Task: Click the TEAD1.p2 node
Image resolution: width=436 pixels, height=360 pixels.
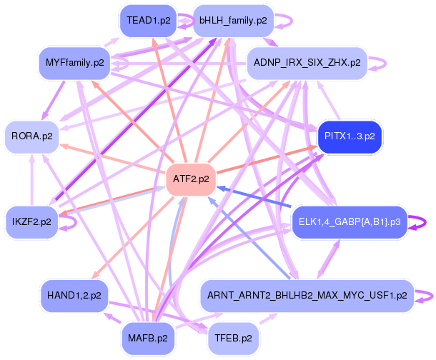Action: [x=148, y=21]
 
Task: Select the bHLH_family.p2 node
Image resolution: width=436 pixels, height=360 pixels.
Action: [x=233, y=21]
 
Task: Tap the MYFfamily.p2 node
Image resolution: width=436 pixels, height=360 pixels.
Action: [x=74, y=63]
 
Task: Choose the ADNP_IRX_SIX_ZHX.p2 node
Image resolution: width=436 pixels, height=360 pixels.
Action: [x=307, y=63]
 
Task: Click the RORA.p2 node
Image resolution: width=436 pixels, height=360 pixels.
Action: [x=31, y=136]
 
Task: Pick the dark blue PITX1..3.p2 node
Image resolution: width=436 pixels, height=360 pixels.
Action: [x=350, y=136]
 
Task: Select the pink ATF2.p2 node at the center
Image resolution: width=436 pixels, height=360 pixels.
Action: [x=191, y=179]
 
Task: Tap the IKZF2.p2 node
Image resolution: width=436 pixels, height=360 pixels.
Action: [x=31, y=222]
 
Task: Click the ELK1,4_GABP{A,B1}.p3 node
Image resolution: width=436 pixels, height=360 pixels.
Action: [x=350, y=222]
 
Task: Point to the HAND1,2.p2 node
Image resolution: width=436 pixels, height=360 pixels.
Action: [x=74, y=296]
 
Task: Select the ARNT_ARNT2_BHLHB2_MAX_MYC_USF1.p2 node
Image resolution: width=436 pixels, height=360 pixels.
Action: [x=307, y=296]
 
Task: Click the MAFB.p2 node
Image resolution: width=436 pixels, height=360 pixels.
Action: [x=148, y=339]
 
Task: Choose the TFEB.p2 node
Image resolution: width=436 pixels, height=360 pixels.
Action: [x=233, y=339]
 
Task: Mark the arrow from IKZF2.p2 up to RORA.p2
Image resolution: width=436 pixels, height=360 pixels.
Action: [x=32, y=180]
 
